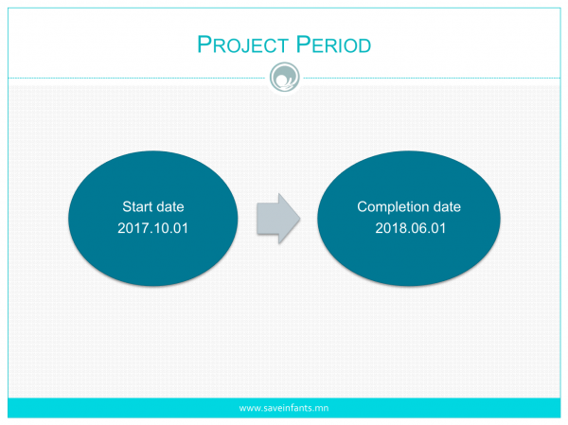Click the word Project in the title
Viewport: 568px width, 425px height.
point(242,44)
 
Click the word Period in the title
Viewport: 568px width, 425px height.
point(333,44)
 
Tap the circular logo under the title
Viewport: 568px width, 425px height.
point(285,78)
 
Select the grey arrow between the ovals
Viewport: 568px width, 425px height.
point(278,219)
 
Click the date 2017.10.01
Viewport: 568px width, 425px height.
point(152,228)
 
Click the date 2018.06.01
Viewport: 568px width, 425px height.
point(411,228)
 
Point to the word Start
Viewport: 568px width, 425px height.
point(137,206)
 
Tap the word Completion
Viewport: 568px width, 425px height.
point(393,207)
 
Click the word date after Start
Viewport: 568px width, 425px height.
point(169,206)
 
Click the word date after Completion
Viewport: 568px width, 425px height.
point(447,206)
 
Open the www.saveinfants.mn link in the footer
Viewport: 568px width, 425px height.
point(284,408)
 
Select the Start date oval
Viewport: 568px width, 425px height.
point(152,219)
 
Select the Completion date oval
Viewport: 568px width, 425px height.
point(409,219)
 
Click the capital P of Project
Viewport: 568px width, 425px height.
point(204,44)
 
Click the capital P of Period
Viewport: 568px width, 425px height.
point(303,44)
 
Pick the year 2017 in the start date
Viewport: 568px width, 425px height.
point(133,228)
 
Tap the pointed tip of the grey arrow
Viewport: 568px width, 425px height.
point(300,219)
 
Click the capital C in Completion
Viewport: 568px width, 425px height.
point(363,206)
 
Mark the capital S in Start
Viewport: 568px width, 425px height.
point(127,206)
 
